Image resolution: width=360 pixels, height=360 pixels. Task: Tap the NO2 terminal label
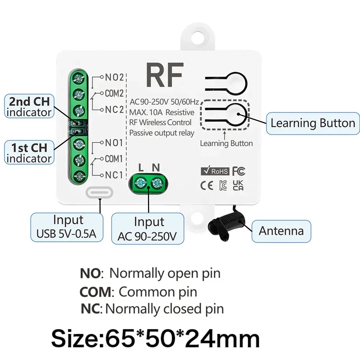click(114, 77)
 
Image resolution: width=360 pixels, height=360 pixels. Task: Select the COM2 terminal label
click(114, 93)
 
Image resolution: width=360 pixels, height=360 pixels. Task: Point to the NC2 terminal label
click(114, 110)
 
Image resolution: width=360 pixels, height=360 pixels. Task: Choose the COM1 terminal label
click(114, 159)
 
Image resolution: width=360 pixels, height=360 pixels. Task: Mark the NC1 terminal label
click(114, 175)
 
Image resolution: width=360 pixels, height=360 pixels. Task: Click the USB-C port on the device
click(100, 192)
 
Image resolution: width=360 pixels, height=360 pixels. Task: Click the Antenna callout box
click(281, 231)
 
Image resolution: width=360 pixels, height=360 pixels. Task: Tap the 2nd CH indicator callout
click(29, 106)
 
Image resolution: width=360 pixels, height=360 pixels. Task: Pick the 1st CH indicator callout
click(29, 153)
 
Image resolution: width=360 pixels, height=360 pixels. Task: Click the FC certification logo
click(239, 170)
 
